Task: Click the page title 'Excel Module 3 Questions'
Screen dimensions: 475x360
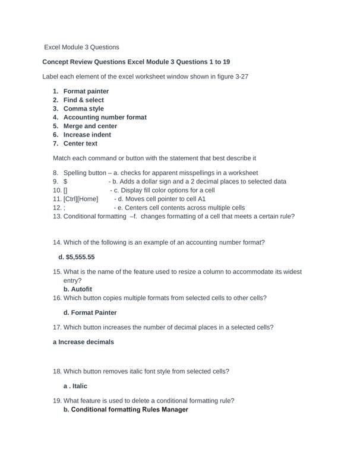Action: click(82, 47)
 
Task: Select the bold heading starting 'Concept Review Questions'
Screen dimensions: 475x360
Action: click(136, 62)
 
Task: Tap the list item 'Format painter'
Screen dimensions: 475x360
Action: click(86, 91)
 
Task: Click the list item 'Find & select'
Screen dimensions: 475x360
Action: click(84, 100)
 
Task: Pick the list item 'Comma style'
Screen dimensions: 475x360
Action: click(83, 109)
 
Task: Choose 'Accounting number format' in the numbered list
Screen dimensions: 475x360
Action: click(105, 118)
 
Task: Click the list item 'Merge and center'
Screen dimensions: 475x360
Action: click(90, 126)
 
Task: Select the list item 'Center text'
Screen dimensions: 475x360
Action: click(80, 144)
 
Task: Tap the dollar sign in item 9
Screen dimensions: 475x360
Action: click(65, 182)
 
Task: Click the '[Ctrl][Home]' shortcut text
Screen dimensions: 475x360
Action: click(80, 199)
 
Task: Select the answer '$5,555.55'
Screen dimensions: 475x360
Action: click(80, 257)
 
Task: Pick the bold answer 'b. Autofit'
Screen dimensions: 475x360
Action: click(78, 289)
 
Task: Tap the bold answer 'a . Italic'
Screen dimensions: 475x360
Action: click(75, 386)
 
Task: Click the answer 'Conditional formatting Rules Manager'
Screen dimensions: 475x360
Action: click(130, 410)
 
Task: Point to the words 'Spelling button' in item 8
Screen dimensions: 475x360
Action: click(85, 173)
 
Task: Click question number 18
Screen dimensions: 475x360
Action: click(57, 372)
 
